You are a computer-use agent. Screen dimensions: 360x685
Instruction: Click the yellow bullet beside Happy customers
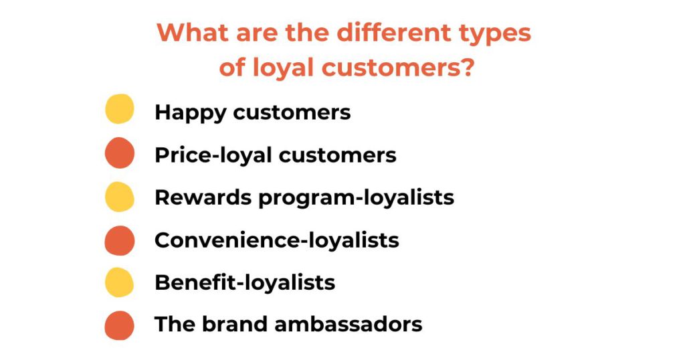coord(120,110)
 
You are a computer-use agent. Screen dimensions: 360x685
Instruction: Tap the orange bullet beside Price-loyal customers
coord(120,153)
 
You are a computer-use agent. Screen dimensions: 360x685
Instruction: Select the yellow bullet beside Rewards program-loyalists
coord(120,197)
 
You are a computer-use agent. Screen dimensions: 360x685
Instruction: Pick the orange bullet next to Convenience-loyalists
coord(120,240)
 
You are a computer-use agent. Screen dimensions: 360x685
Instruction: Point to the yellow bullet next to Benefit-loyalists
coord(120,282)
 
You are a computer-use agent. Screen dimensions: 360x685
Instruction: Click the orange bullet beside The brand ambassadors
coord(120,325)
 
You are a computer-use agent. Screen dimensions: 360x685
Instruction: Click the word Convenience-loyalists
coord(277,240)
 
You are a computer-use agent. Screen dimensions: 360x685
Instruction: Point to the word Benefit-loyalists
coord(245,282)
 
